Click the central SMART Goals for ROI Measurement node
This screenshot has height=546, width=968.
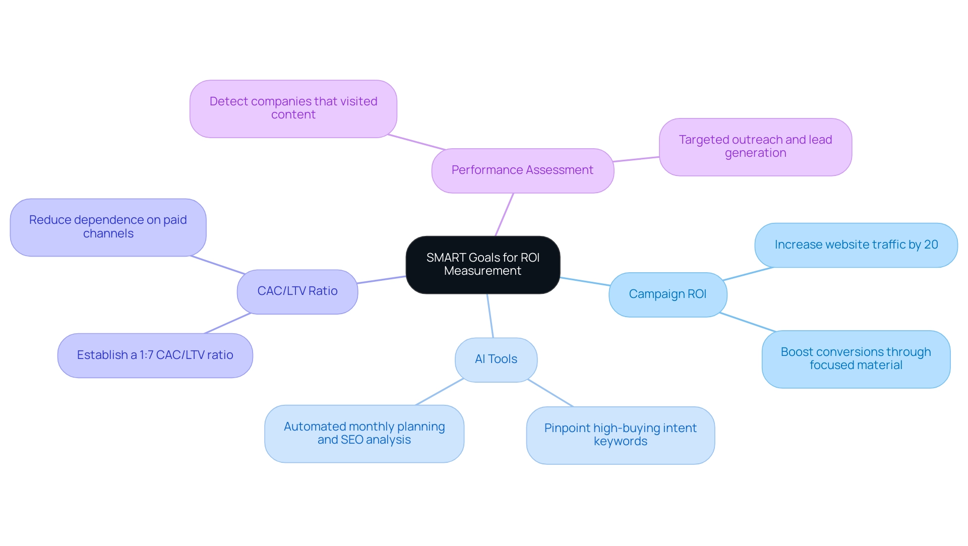click(x=482, y=264)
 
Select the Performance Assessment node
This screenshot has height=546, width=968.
click(x=522, y=170)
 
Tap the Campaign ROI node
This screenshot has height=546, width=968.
click(x=668, y=294)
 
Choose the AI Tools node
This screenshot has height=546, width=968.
click(x=496, y=359)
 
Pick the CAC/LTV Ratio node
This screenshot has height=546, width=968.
click(x=297, y=291)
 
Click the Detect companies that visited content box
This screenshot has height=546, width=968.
click(x=293, y=108)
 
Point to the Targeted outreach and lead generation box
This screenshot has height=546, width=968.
click(x=755, y=147)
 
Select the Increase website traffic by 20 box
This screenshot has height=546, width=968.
click(x=856, y=245)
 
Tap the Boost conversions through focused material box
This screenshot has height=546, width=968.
click(x=856, y=359)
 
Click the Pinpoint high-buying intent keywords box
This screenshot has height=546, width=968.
click(x=620, y=435)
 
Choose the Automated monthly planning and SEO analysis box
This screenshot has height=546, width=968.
click(x=364, y=434)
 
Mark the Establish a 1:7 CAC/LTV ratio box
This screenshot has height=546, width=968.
click(x=155, y=355)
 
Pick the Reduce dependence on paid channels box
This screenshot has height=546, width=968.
click(x=108, y=227)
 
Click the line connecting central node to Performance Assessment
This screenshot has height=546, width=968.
click(x=505, y=214)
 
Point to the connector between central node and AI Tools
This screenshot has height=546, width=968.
click(x=490, y=316)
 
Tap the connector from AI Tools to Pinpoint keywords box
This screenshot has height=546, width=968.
click(x=551, y=393)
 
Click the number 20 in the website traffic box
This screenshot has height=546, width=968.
click(x=931, y=245)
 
